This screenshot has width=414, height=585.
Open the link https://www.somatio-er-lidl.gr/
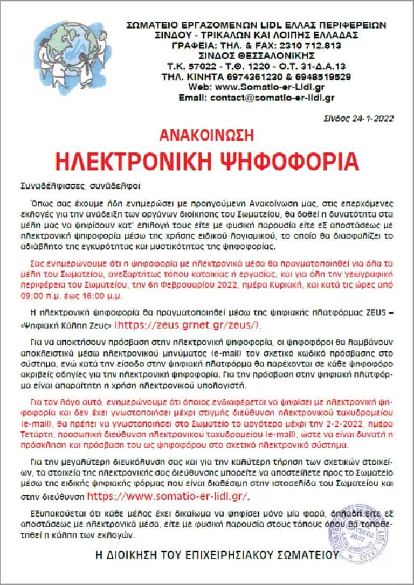click(x=169, y=496)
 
